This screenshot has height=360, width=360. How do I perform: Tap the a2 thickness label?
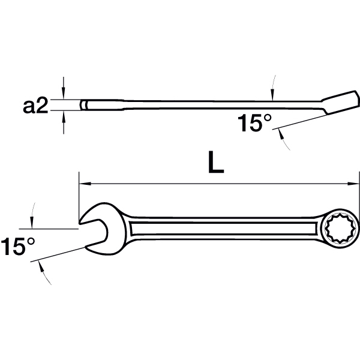point(35,106)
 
